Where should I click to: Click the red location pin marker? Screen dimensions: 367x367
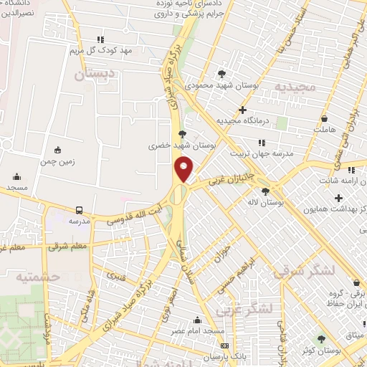point(185,168)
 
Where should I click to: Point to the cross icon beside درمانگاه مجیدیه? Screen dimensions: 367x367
point(243,110)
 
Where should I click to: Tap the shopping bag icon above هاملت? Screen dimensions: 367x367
point(325,118)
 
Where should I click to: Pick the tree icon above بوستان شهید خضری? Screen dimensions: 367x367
point(182,133)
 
